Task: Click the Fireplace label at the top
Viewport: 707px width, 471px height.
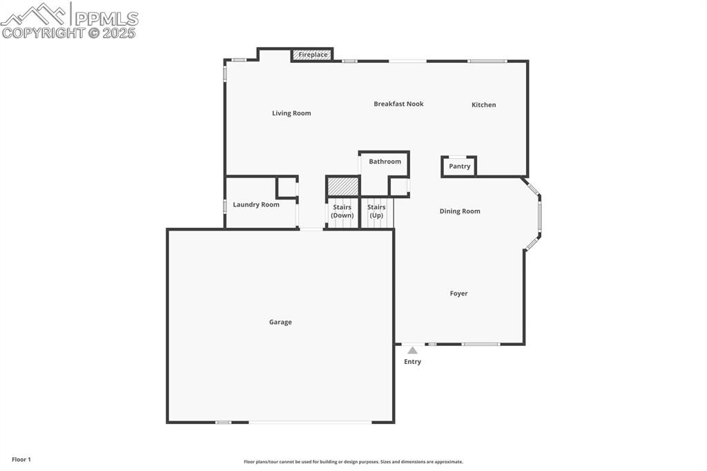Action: click(x=313, y=55)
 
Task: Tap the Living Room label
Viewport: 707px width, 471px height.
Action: click(x=291, y=113)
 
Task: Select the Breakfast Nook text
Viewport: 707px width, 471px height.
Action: click(x=398, y=104)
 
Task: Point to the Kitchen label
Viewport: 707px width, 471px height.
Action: click(x=483, y=105)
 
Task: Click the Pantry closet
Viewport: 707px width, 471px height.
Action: click(x=459, y=166)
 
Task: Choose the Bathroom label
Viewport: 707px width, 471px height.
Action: click(x=385, y=162)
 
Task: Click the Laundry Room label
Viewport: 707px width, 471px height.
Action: click(x=256, y=204)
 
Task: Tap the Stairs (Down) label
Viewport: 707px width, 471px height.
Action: click(x=342, y=211)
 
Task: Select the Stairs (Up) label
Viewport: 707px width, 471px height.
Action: click(x=376, y=211)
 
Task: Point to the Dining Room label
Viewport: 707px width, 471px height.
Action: click(x=460, y=211)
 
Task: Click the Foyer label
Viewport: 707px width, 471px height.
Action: click(x=458, y=294)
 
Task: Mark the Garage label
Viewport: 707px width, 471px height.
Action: click(x=280, y=322)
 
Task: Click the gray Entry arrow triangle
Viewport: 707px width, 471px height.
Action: click(x=412, y=350)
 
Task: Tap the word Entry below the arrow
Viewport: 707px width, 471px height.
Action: click(x=412, y=362)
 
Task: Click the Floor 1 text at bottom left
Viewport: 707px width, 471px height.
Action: click(x=21, y=459)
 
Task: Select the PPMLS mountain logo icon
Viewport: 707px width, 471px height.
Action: click(x=35, y=14)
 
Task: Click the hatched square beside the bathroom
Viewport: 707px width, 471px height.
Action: click(x=342, y=186)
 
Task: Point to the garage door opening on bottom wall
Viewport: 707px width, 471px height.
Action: click(x=310, y=422)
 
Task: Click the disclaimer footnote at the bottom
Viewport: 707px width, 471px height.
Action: click(x=353, y=462)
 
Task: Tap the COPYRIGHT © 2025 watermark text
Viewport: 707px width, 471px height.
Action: click(x=69, y=32)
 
